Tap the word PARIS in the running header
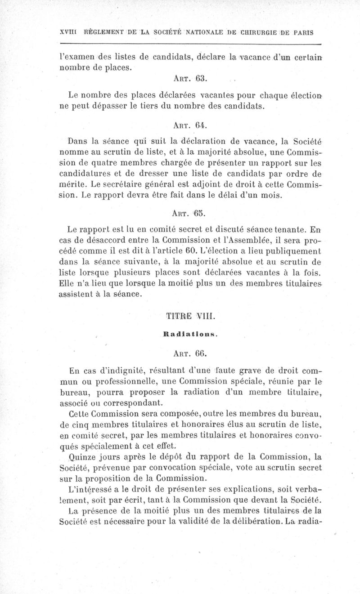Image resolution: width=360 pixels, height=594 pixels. pyautogui.click(x=302, y=33)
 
